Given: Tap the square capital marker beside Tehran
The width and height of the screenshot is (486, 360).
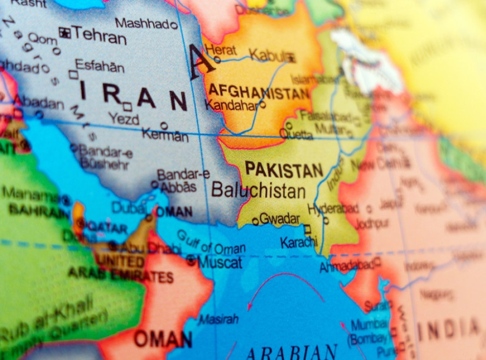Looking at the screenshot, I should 64,32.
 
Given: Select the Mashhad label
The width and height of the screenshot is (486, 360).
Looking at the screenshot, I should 142,23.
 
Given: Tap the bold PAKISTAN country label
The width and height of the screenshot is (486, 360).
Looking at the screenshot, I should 284,170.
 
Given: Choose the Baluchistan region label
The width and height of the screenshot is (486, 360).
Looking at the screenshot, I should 258,190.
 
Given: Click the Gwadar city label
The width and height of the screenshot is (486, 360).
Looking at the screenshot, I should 280,219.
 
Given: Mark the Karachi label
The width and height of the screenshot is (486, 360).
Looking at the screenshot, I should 298,242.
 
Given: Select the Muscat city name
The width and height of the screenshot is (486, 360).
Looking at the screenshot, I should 220,262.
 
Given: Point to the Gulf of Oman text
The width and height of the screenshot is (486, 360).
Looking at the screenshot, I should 211,242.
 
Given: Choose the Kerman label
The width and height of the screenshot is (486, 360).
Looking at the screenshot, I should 165,135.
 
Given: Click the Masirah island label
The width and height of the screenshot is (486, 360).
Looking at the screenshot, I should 218,319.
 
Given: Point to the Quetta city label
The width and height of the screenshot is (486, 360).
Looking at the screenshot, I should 297,134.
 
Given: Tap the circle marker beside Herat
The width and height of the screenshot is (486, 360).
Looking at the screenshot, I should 217,59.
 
